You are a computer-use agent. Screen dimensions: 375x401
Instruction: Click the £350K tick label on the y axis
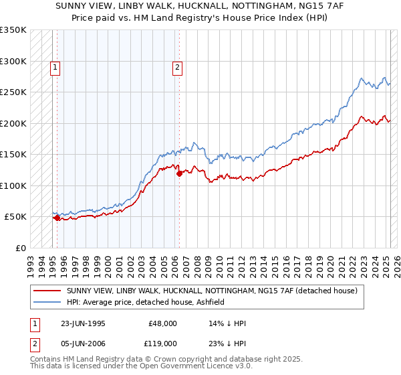13,30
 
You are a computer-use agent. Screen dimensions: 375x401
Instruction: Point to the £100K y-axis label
13,185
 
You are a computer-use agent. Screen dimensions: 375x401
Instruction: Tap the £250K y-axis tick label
13,92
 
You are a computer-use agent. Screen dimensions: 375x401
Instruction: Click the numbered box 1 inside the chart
54,66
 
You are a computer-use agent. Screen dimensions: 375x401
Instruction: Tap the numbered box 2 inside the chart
177,66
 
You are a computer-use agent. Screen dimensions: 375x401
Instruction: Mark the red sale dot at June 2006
179,174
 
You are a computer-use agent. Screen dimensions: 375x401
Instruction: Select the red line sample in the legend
48,291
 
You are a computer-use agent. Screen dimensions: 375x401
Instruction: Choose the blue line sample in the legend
48,302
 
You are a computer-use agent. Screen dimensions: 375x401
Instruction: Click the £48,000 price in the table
162,324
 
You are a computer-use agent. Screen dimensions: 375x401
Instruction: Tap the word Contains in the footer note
45,360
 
